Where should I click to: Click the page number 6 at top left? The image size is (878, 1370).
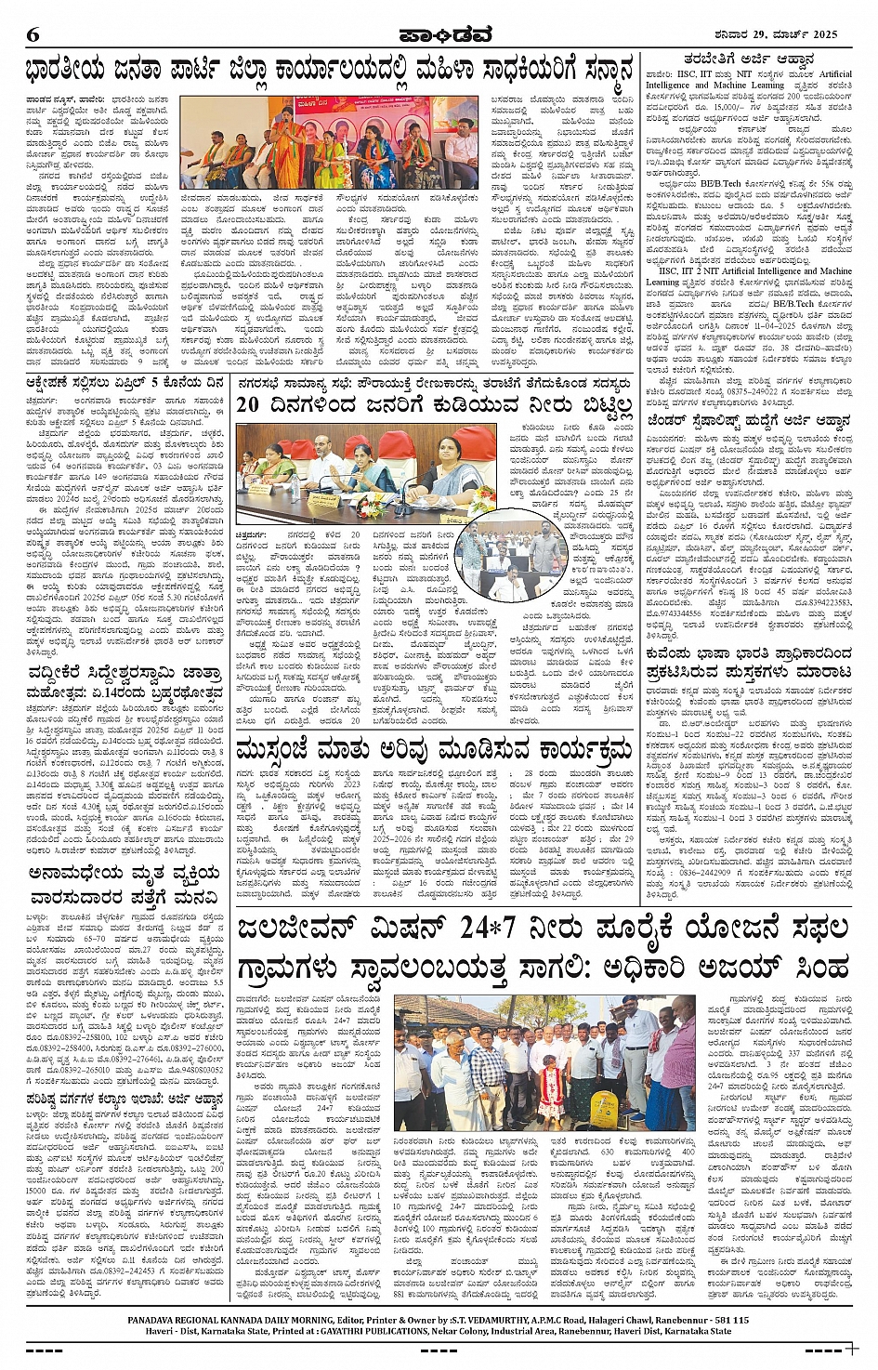pyautogui.click(x=33, y=34)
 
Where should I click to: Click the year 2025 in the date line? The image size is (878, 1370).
pyautogui.click(x=821, y=34)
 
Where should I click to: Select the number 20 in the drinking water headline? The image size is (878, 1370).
pyautogui.click(x=249, y=404)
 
